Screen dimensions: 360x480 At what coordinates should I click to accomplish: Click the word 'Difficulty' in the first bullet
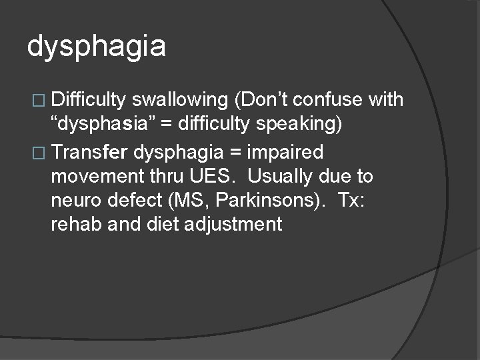point(89,101)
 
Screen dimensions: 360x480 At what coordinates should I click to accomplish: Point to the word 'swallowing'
point(179,101)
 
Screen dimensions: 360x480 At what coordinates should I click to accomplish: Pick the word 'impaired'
point(285,153)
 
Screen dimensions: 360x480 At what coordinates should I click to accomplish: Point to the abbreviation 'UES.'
point(207,177)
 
